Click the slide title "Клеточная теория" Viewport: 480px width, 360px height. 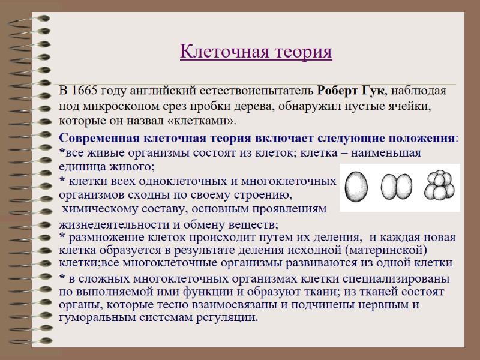pyautogui.click(x=256, y=52)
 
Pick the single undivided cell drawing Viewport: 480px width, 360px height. pyautogui.click(x=359, y=187)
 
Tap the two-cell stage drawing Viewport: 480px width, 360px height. pyautogui.click(x=398, y=187)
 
